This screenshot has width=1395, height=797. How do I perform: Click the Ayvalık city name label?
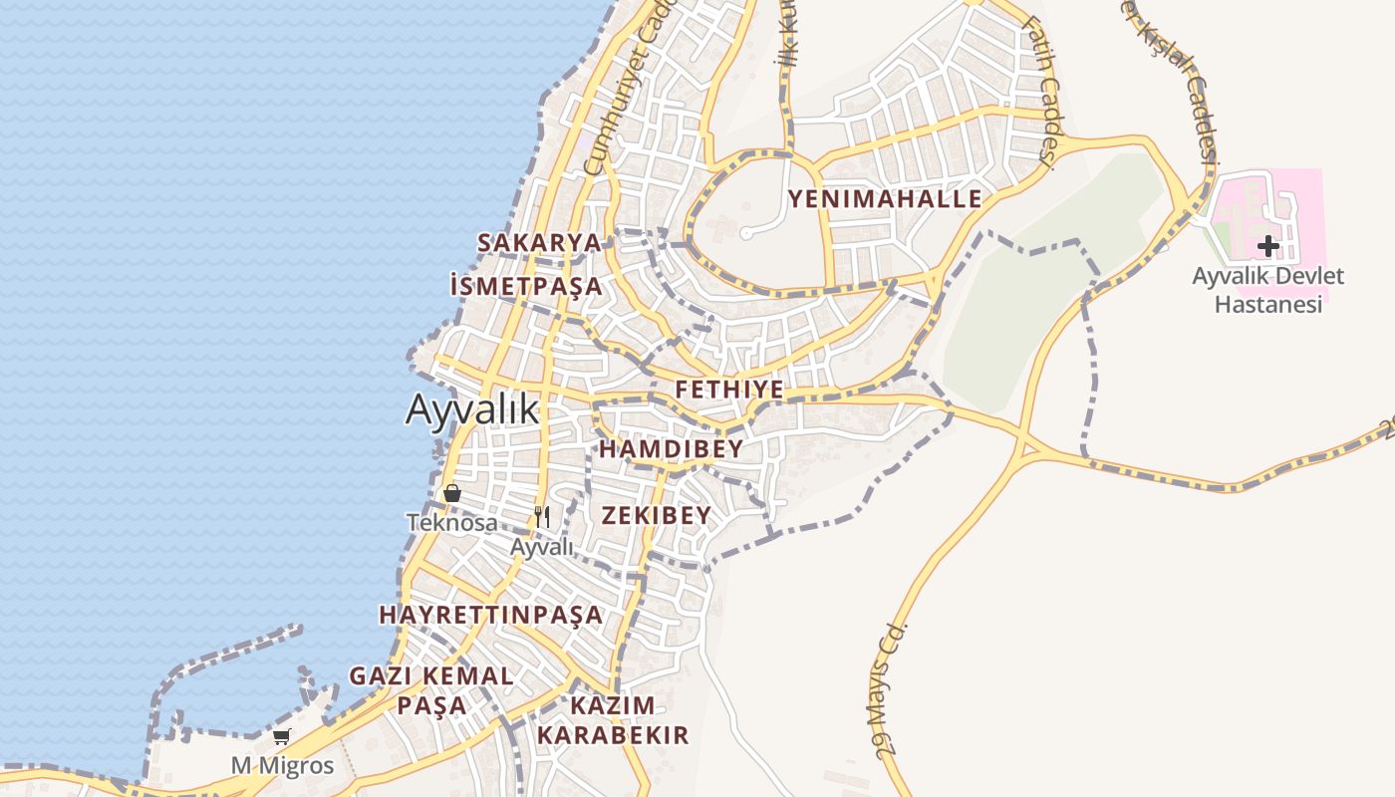(x=471, y=409)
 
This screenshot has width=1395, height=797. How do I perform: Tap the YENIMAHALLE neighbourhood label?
(x=885, y=199)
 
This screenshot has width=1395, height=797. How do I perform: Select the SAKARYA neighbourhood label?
(x=539, y=243)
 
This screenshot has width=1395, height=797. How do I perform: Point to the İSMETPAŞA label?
(x=526, y=287)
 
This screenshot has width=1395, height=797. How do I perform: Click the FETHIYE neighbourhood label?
(x=729, y=390)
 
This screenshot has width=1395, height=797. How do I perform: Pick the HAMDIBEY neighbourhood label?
(x=671, y=449)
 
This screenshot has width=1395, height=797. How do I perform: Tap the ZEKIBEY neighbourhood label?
(x=657, y=515)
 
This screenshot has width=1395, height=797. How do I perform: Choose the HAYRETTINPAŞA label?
(x=491, y=615)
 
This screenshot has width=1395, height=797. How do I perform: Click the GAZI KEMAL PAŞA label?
(x=431, y=690)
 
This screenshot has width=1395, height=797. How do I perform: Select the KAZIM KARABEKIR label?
(x=613, y=720)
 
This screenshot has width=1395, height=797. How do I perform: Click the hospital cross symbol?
(x=1267, y=245)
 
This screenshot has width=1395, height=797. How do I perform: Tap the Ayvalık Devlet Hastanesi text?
(x=1268, y=290)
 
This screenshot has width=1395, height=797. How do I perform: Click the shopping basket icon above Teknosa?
(x=452, y=493)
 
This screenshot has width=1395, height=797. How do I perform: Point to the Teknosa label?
(x=452, y=522)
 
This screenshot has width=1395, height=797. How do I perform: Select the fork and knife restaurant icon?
(x=542, y=516)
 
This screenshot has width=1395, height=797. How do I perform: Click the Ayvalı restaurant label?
(x=542, y=547)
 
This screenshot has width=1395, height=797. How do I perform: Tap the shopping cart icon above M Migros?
(x=282, y=737)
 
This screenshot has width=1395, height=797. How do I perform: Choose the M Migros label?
(x=283, y=766)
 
